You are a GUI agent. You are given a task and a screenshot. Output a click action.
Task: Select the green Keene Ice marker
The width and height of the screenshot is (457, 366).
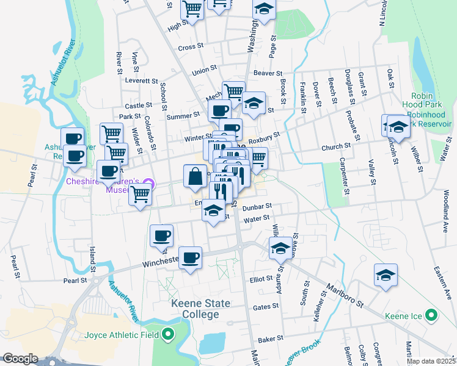click(432, 316)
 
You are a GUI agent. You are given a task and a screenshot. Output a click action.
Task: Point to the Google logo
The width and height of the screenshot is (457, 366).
click(20, 358)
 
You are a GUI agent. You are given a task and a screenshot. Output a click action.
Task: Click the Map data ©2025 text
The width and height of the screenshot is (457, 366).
click(431, 361)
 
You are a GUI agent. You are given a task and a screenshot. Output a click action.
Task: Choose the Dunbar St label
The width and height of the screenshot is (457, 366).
click(256, 208)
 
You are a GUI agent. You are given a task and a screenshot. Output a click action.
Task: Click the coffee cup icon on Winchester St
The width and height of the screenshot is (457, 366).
click(190, 257)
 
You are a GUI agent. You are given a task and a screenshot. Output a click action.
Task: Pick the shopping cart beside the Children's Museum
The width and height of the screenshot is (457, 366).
click(141, 195)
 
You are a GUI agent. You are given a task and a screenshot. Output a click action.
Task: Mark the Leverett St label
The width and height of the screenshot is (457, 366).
click(142, 81)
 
